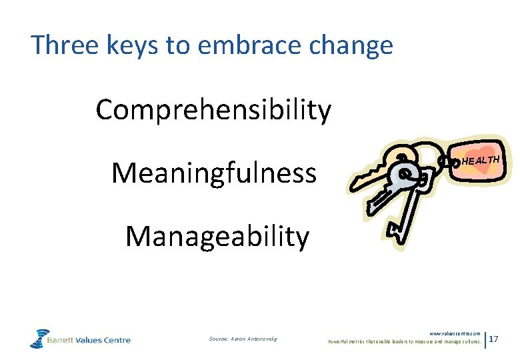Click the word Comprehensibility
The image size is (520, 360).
(213, 110)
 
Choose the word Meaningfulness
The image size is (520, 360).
(213, 173)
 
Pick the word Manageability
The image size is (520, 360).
(217, 236)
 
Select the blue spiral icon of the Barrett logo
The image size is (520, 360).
(39, 338)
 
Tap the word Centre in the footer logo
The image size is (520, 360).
(116, 340)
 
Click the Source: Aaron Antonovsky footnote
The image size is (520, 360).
(243, 340)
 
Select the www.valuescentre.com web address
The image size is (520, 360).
(455, 333)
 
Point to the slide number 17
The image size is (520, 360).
(495, 340)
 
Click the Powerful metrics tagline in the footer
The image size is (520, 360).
(404, 341)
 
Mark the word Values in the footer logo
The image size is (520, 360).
(90, 340)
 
